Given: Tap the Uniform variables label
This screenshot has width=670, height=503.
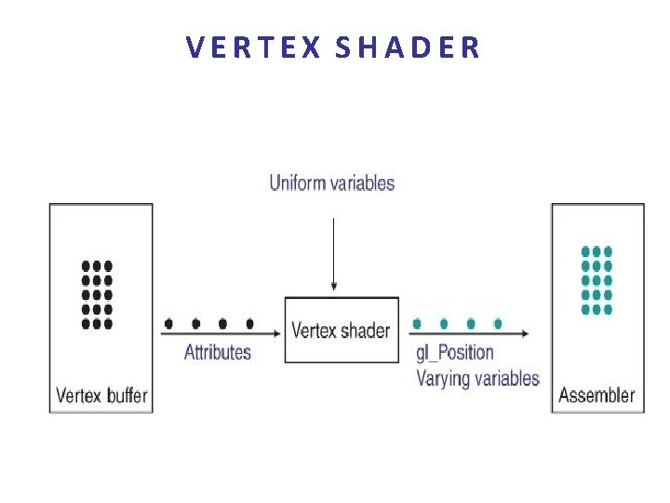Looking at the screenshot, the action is pos(332,183).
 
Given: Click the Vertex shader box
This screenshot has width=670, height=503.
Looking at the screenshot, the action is pos(341,330).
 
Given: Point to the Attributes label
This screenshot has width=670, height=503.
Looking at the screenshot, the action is pos(218,352).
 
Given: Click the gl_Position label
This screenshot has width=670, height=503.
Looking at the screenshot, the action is pos(455,352).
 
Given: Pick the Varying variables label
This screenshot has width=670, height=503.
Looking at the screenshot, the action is pos(477,378).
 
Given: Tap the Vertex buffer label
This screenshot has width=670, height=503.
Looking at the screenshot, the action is pos(101,395).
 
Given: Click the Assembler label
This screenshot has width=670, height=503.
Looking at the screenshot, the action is pos(596,395).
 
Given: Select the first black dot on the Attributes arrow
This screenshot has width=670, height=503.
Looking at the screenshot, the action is pos(168,324).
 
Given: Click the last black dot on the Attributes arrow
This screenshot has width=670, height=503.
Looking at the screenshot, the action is pos(249,324).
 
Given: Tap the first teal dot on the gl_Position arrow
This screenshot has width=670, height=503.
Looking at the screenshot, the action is pos(417,324).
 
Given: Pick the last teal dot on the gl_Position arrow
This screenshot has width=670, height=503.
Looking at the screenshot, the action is pos(498,324).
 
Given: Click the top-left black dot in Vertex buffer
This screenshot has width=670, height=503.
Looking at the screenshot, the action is pos(87,265).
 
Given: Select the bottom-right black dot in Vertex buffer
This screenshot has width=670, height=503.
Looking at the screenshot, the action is pos(108,324).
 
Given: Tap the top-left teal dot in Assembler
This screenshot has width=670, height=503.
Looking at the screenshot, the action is pos(585,251).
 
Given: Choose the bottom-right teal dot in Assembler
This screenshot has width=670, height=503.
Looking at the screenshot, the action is pos(608,309).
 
